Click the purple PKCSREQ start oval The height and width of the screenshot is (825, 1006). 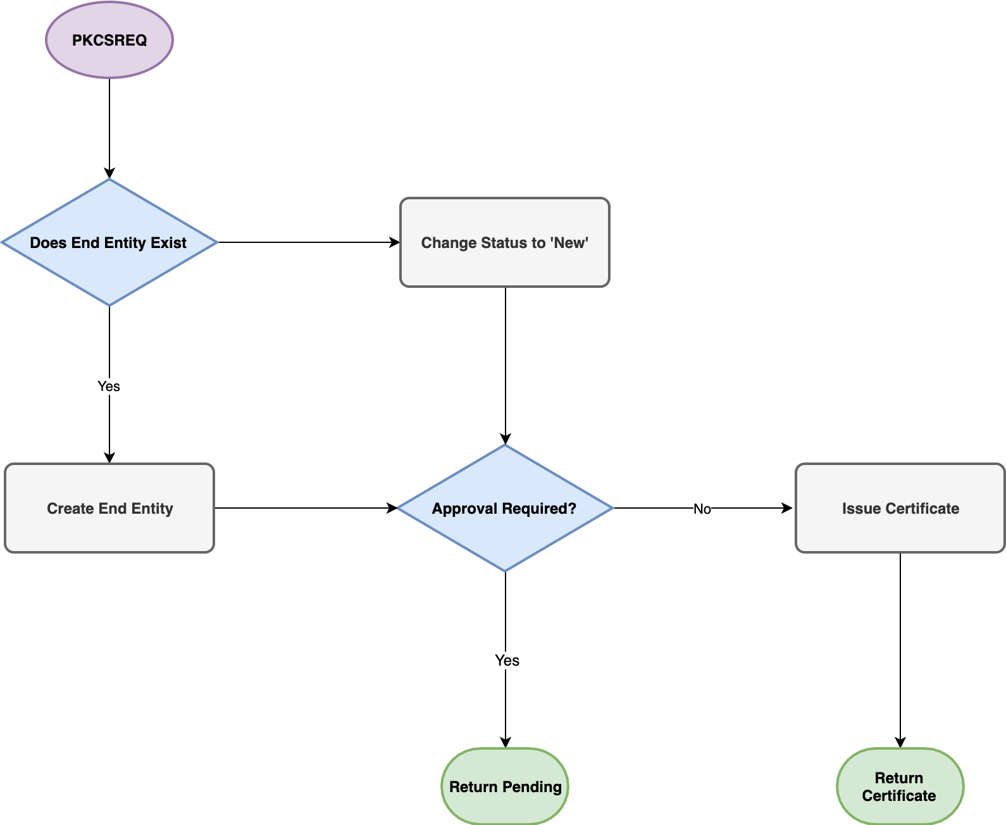click(109, 40)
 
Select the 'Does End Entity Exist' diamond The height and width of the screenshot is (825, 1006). click(109, 242)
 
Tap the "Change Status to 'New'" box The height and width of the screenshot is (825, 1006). click(505, 242)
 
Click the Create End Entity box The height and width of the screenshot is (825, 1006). click(109, 508)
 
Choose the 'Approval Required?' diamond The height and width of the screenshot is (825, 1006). click(505, 508)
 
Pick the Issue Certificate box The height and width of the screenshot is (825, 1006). click(900, 508)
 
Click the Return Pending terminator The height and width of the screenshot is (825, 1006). click(505, 786)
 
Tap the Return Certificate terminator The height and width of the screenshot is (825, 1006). click(900, 786)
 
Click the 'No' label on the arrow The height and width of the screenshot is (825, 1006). click(702, 509)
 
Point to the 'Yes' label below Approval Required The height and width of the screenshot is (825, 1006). click(507, 661)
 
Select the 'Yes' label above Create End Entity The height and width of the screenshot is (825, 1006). click(109, 386)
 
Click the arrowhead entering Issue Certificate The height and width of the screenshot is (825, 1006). click(788, 508)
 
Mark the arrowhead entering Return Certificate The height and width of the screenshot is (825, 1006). click(900, 743)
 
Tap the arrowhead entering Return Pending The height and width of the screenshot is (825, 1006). click(506, 743)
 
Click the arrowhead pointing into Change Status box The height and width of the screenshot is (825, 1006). click(395, 242)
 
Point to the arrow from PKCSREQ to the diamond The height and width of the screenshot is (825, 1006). click(109, 127)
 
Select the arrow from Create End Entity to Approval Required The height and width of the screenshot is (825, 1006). click(304, 508)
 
